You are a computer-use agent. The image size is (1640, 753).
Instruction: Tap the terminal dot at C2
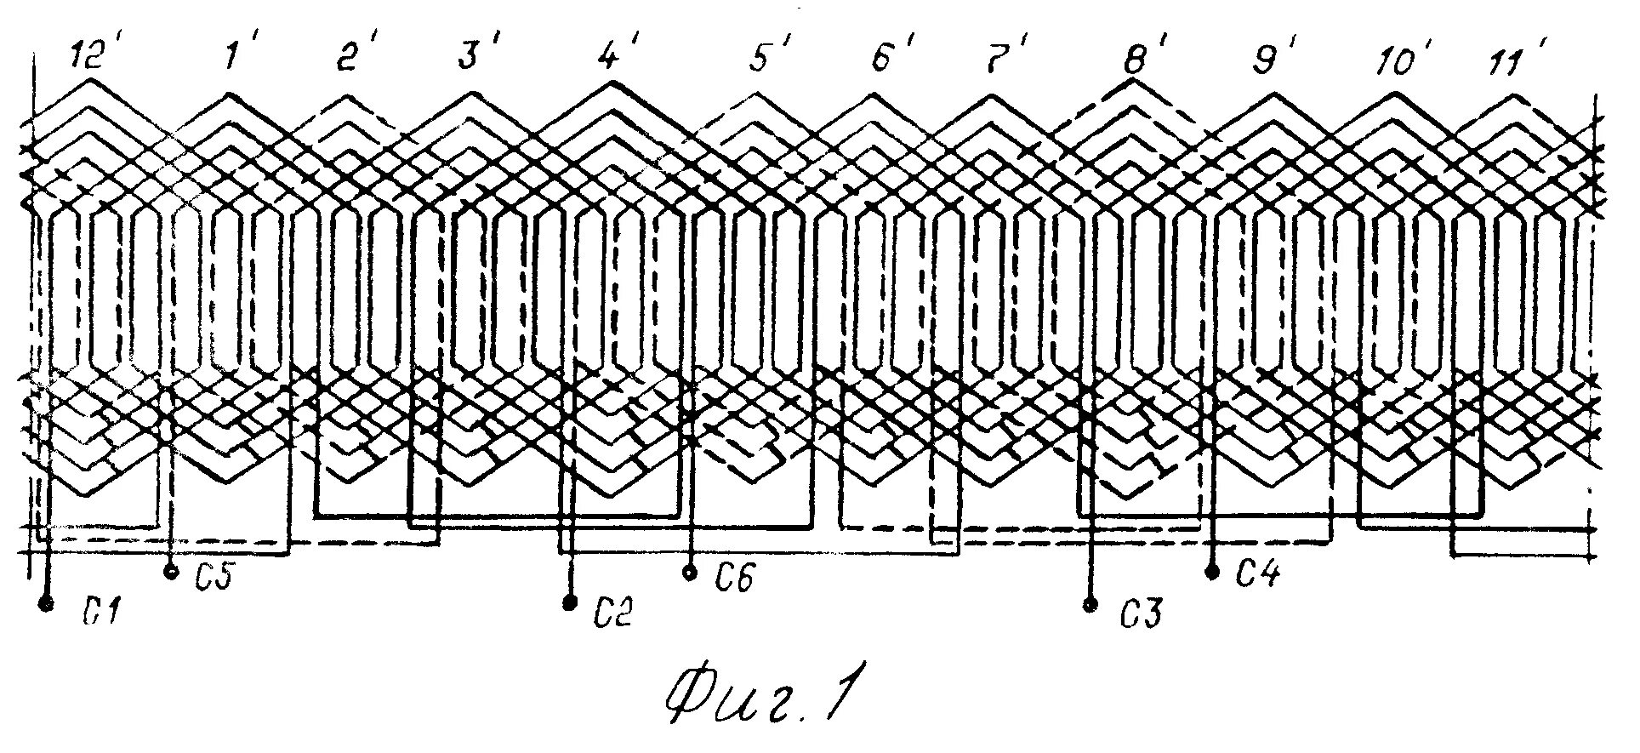click(x=569, y=603)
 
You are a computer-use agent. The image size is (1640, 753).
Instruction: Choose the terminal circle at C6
click(x=691, y=573)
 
